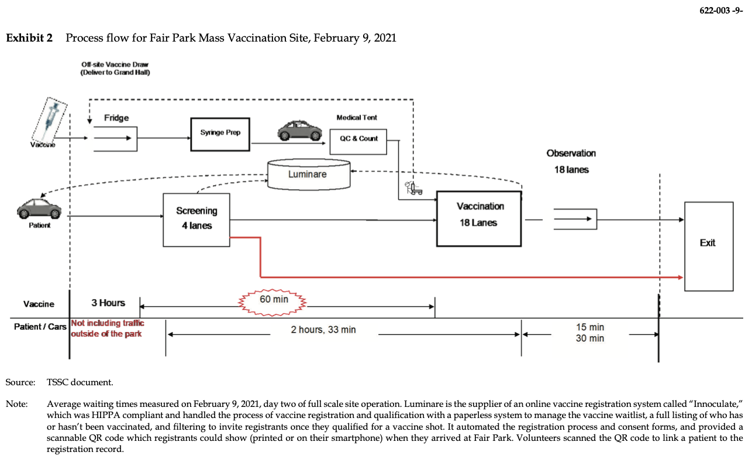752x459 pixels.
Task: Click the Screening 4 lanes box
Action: point(196,219)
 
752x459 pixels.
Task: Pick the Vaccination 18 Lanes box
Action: point(478,218)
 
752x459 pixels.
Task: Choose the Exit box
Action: point(708,246)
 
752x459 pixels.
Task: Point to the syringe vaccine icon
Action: point(50,121)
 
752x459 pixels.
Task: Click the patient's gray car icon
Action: point(39,209)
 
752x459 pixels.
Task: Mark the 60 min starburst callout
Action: point(274,300)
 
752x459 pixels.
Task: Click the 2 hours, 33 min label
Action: point(323,330)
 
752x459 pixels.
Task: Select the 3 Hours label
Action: point(108,303)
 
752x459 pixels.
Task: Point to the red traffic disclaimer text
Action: point(107,328)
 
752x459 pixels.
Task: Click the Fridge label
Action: point(116,118)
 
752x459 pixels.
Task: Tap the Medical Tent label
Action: point(357,118)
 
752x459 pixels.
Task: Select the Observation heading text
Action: point(571,153)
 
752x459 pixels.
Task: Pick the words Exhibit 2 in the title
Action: point(29,39)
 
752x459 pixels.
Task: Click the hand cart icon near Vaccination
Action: point(413,188)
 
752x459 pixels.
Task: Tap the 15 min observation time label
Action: point(589,327)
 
